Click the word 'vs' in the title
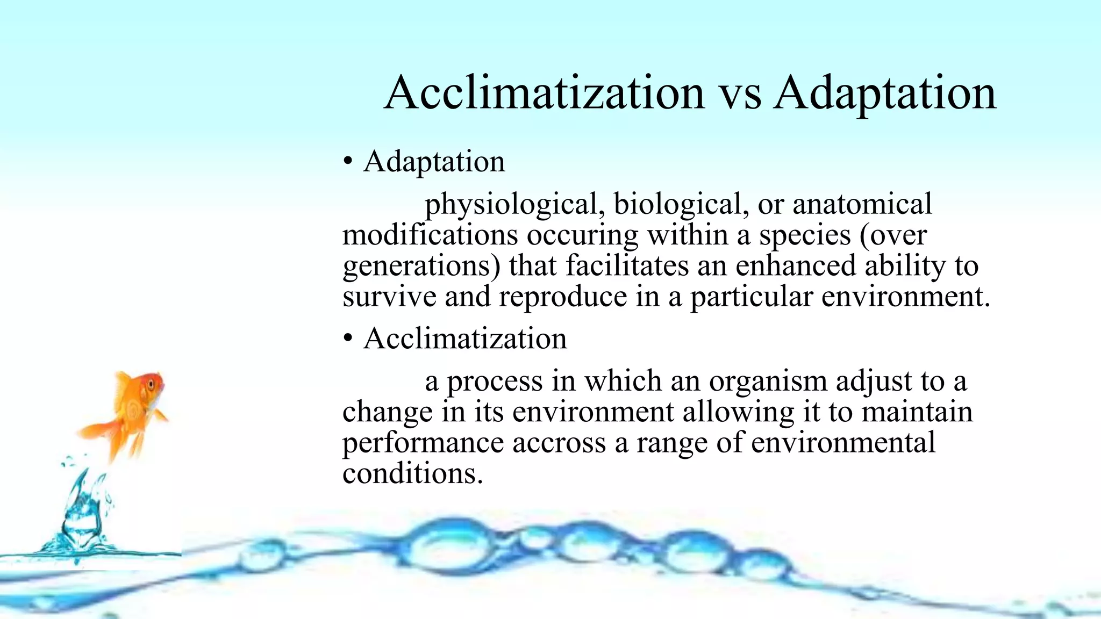pyautogui.click(x=740, y=94)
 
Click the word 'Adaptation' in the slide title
pyautogui.click(x=885, y=94)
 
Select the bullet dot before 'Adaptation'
pyautogui.click(x=348, y=161)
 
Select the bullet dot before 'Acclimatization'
pyautogui.click(x=348, y=339)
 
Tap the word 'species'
pyautogui.click(x=805, y=236)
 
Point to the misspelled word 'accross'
pyautogui.click(x=559, y=443)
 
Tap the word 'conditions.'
pyautogui.click(x=412, y=474)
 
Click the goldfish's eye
pyautogui.click(x=152, y=385)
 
